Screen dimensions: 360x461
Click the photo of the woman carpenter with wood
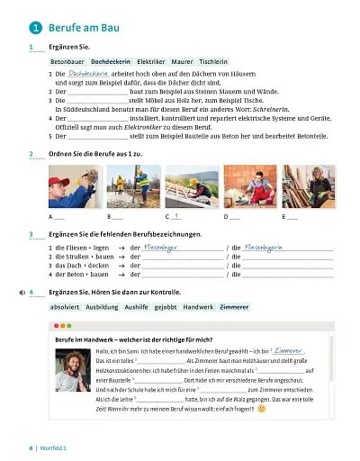pos(304,186)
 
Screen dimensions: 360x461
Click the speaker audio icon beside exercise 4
pos(22,293)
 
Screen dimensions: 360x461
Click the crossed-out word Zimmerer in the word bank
pos(234,307)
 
